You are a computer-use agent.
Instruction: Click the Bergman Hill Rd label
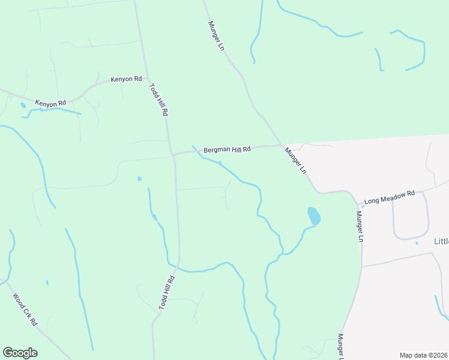coord(226,149)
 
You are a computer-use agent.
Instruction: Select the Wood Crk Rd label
coord(25,309)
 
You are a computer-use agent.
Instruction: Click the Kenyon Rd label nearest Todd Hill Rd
coord(126,79)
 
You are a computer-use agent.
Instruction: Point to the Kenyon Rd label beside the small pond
coord(50,104)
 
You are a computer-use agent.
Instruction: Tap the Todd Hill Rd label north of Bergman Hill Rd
coord(158,99)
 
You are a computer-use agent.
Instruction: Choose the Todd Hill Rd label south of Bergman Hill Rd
coord(166,292)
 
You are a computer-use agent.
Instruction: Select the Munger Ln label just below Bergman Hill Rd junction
coord(295,161)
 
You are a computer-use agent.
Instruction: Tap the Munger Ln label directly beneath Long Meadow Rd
coord(360,226)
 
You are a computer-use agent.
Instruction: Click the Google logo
coord(20,353)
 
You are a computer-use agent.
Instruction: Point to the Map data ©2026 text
coord(423,355)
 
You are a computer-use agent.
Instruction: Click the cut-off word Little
coord(441,242)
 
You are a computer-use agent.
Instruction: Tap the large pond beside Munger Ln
coord(313,216)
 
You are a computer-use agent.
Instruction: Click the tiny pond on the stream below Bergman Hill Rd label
coord(220,163)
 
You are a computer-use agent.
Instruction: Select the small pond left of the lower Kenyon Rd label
coord(23,105)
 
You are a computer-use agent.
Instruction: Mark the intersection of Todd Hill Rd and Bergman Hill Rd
coord(173,154)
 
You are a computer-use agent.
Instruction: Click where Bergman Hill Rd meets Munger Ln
coord(281,145)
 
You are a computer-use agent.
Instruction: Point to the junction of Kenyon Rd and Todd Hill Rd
coord(144,77)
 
